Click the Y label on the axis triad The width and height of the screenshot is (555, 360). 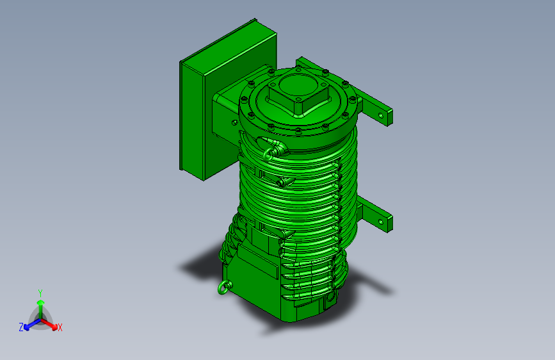pyautogui.click(x=40, y=293)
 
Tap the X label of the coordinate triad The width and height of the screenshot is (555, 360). pyautogui.click(x=60, y=328)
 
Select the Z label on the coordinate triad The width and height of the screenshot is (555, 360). pyautogui.click(x=21, y=327)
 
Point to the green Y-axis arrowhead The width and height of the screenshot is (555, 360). pyautogui.click(x=41, y=302)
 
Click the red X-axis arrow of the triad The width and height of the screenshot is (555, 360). pyautogui.click(x=49, y=324)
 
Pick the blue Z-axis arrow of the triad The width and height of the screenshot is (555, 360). pyautogui.click(x=33, y=324)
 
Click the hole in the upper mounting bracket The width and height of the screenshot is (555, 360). pyautogui.click(x=381, y=115)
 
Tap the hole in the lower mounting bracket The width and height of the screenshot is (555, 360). pyautogui.click(x=380, y=222)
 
